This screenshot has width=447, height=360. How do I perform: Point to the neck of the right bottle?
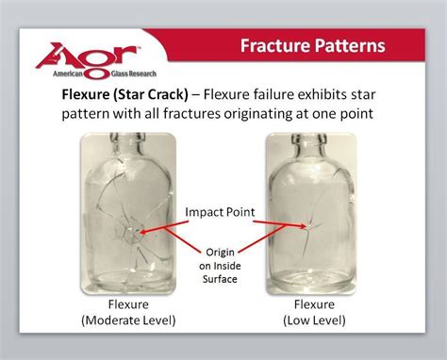[309, 151]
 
